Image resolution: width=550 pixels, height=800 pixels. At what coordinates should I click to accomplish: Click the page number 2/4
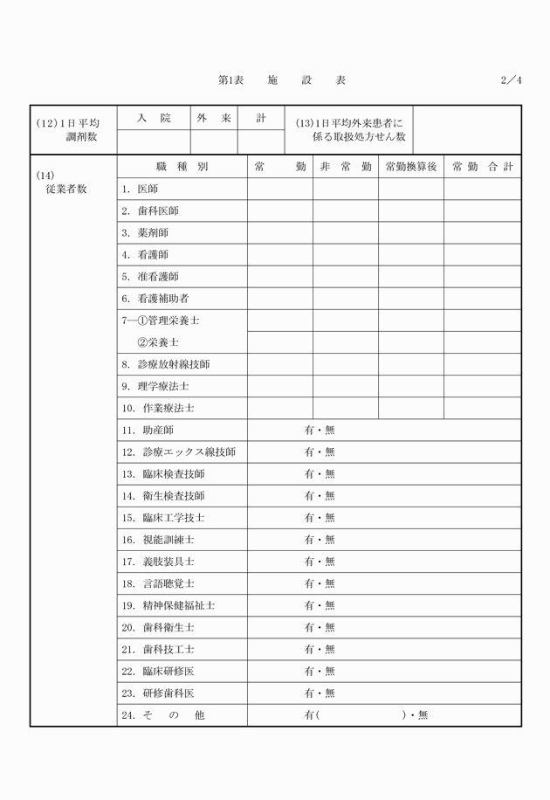pyautogui.click(x=511, y=80)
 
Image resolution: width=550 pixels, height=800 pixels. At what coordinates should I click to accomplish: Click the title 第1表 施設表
pyautogui.click(x=281, y=80)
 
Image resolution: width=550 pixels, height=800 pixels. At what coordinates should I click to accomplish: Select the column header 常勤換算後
pyautogui.click(x=410, y=167)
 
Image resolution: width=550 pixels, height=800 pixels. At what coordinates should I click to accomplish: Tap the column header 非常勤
pyautogui.click(x=346, y=167)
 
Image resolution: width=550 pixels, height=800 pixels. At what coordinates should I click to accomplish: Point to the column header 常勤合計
pyautogui.click(x=482, y=167)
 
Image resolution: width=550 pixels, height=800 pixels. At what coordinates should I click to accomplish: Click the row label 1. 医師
pyautogui.click(x=141, y=189)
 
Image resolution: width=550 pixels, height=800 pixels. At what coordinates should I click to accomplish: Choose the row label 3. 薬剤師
pyautogui.click(x=146, y=232)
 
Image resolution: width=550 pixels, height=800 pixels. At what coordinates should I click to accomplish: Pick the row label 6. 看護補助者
pyautogui.click(x=156, y=299)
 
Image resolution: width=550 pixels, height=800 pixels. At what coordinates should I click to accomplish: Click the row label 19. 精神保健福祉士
pyautogui.click(x=168, y=605)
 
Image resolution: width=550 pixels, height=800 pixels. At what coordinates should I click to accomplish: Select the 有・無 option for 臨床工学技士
pyautogui.click(x=320, y=518)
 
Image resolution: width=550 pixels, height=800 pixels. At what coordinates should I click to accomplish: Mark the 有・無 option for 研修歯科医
pyautogui.click(x=320, y=693)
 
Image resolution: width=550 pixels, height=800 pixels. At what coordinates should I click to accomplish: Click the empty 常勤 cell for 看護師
pyautogui.click(x=280, y=255)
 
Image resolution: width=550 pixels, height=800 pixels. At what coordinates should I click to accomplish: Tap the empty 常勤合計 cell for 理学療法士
pyautogui.click(x=482, y=386)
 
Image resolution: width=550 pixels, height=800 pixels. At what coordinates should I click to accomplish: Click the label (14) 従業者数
pyautogui.click(x=66, y=183)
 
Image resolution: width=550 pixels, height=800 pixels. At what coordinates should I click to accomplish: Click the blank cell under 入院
pyautogui.click(x=154, y=140)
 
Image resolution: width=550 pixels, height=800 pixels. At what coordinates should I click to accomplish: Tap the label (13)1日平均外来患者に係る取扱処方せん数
pyautogui.click(x=350, y=129)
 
